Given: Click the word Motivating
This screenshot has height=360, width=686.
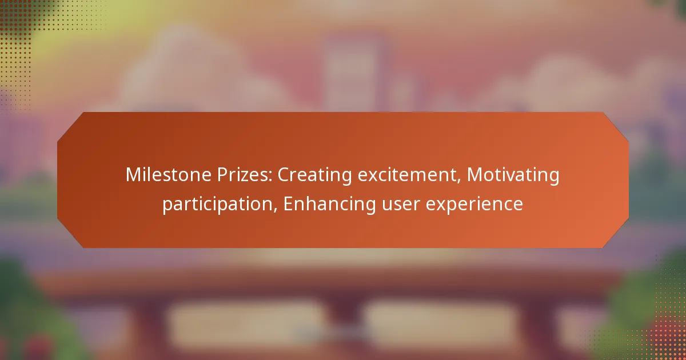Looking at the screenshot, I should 513,175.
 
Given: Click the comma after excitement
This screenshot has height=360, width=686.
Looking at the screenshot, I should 460,182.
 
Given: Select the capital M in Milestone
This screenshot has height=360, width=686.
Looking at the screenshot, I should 133,175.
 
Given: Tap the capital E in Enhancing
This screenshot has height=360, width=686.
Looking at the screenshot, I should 288,203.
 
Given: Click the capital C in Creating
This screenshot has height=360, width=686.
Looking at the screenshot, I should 284,175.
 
